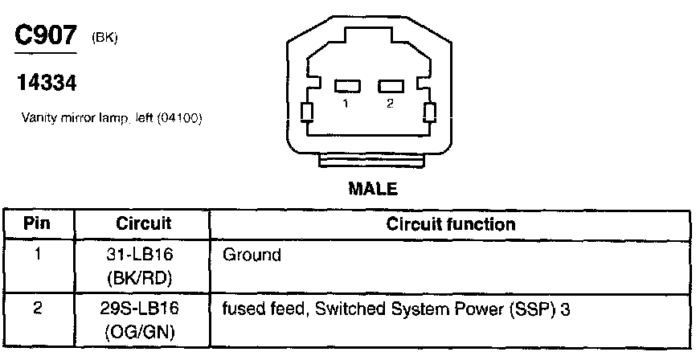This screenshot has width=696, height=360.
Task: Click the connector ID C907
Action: (x=46, y=37)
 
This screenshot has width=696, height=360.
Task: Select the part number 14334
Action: (x=45, y=82)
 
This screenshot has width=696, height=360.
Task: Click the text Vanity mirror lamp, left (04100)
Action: (x=112, y=118)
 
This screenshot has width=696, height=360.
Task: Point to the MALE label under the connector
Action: (x=372, y=190)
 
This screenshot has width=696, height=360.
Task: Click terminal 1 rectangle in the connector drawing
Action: (x=346, y=86)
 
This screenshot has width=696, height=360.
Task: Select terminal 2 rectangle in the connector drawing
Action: (x=391, y=86)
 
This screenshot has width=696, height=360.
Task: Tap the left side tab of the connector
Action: (x=306, y=112)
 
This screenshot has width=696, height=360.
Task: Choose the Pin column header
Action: (x=36, y=223)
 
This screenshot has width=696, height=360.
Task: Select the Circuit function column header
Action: (x=451, y=223)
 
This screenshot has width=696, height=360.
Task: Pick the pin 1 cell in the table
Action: (x=36, y=256)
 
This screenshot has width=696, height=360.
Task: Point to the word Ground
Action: (x=252, y=256)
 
